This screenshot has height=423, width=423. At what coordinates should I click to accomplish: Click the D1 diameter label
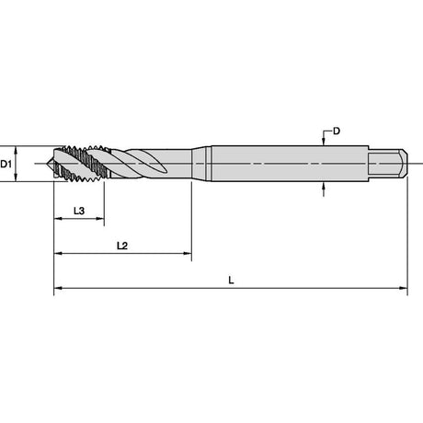6,164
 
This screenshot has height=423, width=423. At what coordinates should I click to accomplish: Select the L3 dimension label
79,211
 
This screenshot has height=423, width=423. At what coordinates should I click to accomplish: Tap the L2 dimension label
122,246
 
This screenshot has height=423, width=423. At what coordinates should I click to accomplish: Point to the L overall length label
231,280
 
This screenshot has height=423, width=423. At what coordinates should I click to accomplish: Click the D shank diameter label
337,131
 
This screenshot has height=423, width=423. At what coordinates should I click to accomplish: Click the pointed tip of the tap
47,164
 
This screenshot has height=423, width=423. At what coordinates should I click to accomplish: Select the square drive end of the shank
388,164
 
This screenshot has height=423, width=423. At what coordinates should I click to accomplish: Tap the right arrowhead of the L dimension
404,288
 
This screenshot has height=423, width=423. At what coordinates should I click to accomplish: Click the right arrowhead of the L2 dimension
188,254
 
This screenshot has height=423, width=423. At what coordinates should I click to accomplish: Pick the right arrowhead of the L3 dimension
100,219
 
